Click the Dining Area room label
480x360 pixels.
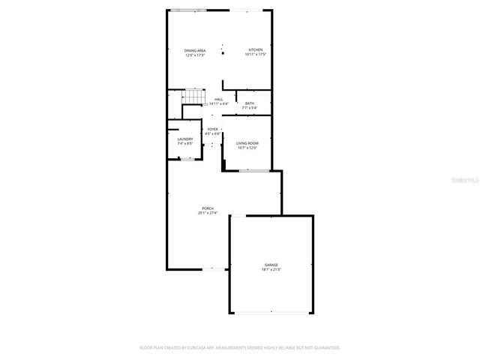pyautogui.click(x=196, y=50)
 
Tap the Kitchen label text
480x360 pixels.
pyautogui.click(x=256, y=50)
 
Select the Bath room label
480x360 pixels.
pyautogui.click(x=249, y=103)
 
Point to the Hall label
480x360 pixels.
pyautogui.click(x=219, y=100)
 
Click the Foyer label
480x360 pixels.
pyautogui.click(x=214, y=129)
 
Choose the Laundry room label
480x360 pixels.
pyautogui.click(x=185, y=139)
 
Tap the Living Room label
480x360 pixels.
pyautogui.click(x=247, y=143)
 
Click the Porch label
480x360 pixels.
pyautogui.click(x=208, y=208)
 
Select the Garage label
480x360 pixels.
pyautogui.click(x=271, y=265)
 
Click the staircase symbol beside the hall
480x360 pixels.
pyautogui.click(x=195, y=98)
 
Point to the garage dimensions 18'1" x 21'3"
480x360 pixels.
pyautogui.click(x=271, y=269)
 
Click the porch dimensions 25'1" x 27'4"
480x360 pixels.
pyautogui.click(x=208, y=213)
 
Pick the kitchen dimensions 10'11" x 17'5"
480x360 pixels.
pyautogui.click(x=256, y=55)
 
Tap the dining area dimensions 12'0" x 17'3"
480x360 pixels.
pyautogui.click(x=196, y=55)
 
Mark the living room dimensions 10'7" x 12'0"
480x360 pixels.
pyautogui.click(x=247, y=148)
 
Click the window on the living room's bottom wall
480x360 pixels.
pyautogui.click(x=253, y=171)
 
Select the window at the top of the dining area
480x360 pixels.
pyautogui.click(x=188, y=10)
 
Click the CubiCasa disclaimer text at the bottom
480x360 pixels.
pyautogui.click(x=240, y=347)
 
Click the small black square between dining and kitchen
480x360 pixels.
pyautogui.click(x=223, y=53)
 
